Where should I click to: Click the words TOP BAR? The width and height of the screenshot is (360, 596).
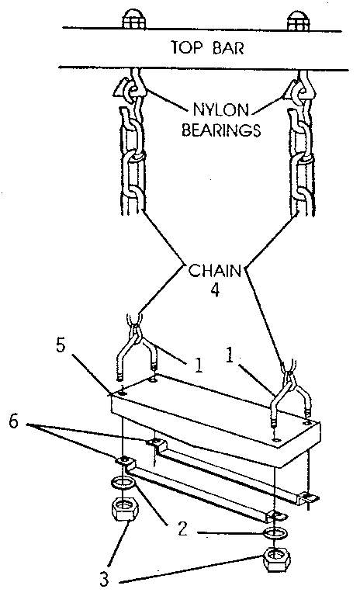(x=207, y=48)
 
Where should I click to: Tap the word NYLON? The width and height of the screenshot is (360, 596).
(x=221, y=110)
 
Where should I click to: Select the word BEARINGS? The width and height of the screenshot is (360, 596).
(x=221, y=130)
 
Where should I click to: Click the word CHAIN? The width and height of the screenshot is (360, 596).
(x=215, y=271)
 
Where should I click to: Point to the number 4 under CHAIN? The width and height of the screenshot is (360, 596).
(x=215, y=290)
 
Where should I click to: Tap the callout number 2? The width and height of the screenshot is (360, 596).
(x=183, y=528)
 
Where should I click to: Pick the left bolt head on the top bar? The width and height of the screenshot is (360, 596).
(x=133, y=19)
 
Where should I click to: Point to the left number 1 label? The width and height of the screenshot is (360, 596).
(x=199, y=365)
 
